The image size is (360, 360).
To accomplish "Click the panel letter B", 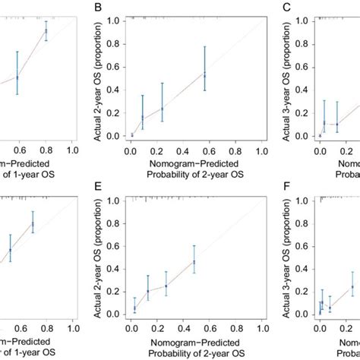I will click(96, 8).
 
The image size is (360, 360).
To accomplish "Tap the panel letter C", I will click(286, 8).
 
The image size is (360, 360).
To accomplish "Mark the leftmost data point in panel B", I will click(131, 135).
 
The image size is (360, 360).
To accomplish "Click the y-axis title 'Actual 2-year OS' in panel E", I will click(99, 258).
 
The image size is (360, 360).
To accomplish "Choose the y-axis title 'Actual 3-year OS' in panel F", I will click(288, 258).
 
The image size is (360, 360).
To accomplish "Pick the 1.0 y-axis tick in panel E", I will click(115, 200).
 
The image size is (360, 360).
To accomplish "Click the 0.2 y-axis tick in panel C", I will click(304, 112).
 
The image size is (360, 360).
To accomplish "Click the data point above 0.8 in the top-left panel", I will click(46, 31).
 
